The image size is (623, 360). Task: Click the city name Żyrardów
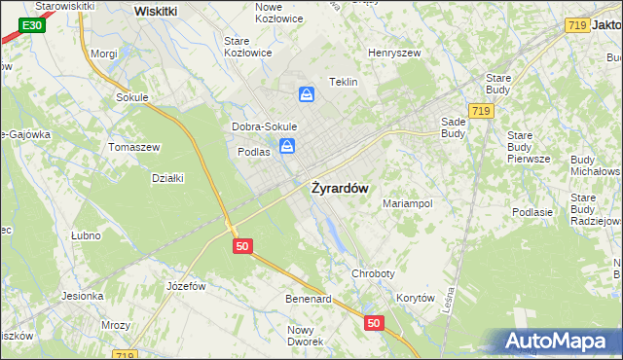339,189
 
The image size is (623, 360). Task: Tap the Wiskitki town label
156,11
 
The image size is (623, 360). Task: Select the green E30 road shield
31,24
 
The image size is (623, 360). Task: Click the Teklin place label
345,83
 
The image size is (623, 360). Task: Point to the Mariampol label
407,204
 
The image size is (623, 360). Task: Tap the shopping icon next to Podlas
287,147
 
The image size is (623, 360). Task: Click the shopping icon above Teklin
307,94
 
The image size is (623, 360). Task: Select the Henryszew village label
392,53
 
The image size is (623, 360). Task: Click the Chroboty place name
374,274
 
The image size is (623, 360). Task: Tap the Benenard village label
309,299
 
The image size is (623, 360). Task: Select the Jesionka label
83,296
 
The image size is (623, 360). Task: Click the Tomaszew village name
134,147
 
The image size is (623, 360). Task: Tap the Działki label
167,177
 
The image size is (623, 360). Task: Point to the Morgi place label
103,54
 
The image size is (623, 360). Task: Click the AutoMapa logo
563,341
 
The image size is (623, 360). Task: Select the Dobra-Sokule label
264,127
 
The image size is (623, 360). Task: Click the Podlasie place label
532,212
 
